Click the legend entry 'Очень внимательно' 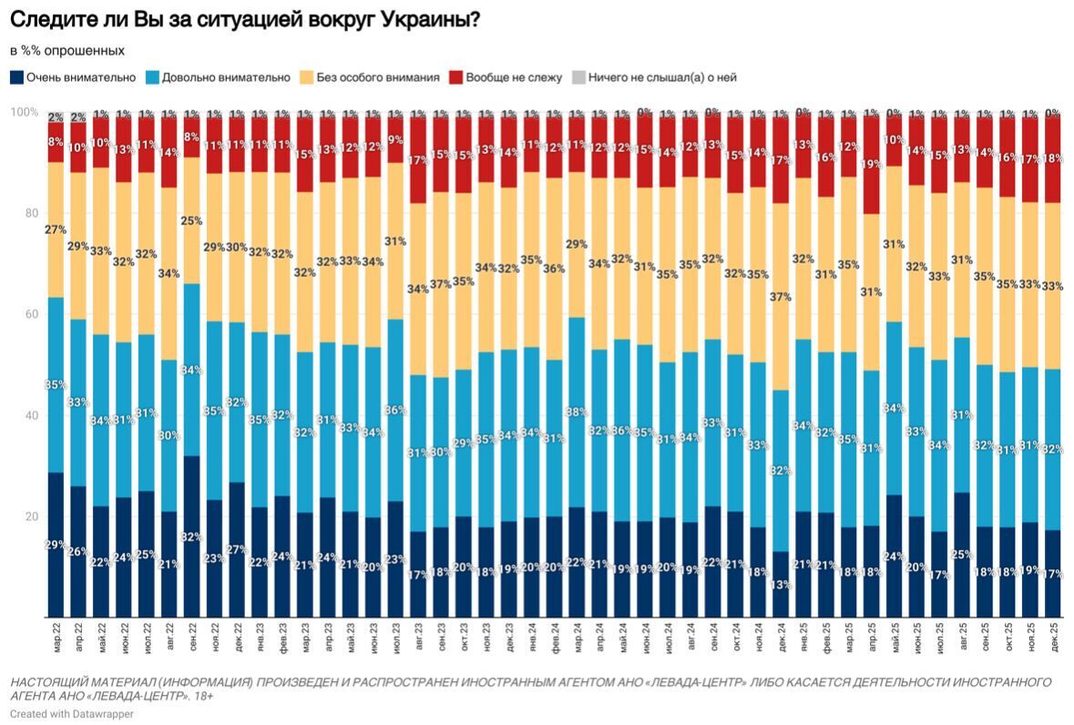click(x=81, y=77)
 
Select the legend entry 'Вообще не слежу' click(x=513, y=77)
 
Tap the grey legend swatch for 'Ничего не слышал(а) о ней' click(x=577, y=77)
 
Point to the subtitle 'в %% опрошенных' click(x=67, y=50)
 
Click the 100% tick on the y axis click(x=24, y=112)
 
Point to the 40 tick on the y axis click(x=29, y=415)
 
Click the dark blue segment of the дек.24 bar click(x=780, y=583)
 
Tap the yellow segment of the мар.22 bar click(x=56, y=230)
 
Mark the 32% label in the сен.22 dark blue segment click(x=192, y=537)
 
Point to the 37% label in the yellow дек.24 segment click(x=780, y=297)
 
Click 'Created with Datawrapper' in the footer click(x=72, y=714)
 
